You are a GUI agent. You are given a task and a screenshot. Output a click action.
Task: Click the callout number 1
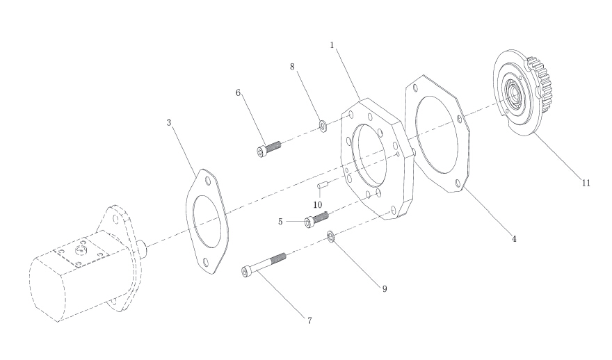coord(332,45)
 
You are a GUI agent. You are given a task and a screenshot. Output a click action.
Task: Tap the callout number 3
coord(168,122)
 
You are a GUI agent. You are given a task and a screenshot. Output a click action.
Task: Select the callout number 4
coord(514,238)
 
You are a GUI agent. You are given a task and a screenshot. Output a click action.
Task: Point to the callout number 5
coord(280,222)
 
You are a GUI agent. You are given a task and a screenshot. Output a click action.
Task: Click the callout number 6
coord(238,93)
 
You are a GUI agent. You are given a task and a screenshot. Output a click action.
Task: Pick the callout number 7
coord(309,320)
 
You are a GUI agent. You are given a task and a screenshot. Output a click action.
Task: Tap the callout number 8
coord(292,67)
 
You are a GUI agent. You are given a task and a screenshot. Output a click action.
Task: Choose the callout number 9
coord(385,289)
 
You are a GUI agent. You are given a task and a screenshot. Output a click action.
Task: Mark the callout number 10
coord(318,205)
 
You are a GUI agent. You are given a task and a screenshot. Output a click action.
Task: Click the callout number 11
coord(586,183)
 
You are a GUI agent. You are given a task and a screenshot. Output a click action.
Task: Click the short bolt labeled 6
coord(269,149)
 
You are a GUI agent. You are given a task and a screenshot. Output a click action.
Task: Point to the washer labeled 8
coord(323,126)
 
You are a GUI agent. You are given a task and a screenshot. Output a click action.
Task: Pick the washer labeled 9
coord(330,236)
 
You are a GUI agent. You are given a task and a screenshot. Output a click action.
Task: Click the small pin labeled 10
coord(321,186)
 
